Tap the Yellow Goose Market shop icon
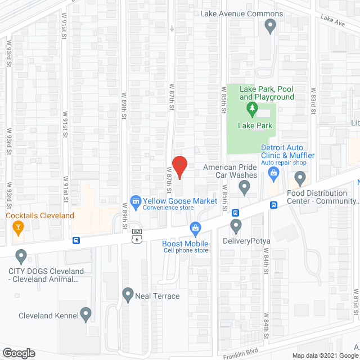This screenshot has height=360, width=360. [135, 201]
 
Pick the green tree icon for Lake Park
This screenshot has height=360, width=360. [251, 107]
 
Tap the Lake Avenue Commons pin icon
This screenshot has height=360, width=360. [270, 25]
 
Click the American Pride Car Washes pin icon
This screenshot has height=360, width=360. [244, 188]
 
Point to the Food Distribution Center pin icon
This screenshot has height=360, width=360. [300, 179]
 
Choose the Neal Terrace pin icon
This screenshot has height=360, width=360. [128, 294]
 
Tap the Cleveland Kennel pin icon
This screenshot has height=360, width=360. [85, 314]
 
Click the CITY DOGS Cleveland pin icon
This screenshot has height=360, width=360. [21, 256]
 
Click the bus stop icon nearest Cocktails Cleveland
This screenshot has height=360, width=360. [76, 240]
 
